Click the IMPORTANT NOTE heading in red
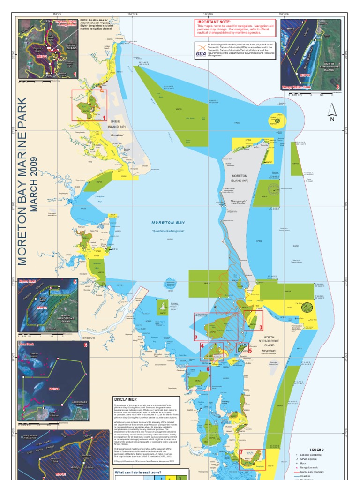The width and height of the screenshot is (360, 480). (x=214, y=22)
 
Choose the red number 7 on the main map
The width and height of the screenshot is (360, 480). (x=241, y=453)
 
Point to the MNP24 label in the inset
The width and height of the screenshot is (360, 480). (x=54, y=389)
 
